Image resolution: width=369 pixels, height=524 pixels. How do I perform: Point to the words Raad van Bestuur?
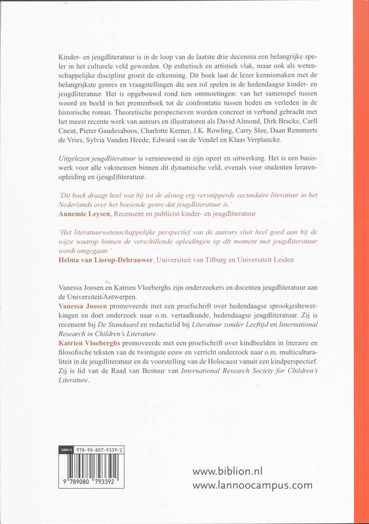point(124,371)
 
